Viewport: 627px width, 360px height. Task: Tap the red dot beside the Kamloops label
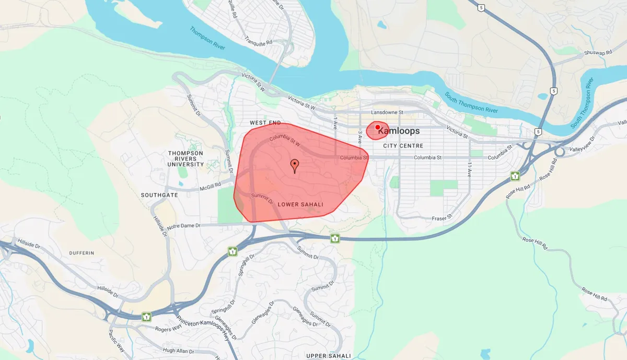378,127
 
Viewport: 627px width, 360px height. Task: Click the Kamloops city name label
398,131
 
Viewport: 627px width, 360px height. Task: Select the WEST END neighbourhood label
265,123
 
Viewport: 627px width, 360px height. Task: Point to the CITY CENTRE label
403,146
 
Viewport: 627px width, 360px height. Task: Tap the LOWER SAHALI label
300,204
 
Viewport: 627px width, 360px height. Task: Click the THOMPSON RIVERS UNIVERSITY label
186,158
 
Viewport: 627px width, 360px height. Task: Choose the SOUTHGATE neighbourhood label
159,195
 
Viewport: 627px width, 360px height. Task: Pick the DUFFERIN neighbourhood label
82,253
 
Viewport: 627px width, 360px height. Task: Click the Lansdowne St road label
387,112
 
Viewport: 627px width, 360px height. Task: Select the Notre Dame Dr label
184,226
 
